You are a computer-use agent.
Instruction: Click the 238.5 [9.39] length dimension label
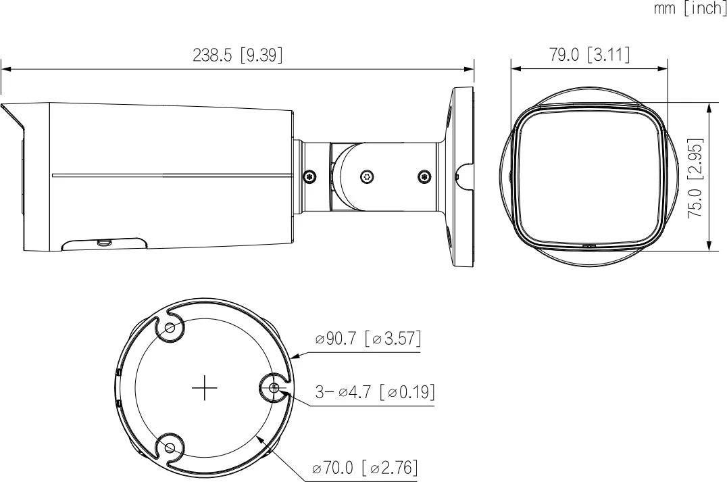[x=237, y=55]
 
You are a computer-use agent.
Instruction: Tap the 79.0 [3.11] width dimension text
[x=590, y=55]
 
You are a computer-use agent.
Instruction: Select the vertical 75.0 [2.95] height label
[x=695, y=178]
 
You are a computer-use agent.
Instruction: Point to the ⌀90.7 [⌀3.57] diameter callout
[x=368, y=339]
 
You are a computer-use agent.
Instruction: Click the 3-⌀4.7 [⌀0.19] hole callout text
[x=375, y=392]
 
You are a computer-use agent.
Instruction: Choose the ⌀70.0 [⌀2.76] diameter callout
[x=366, y=467]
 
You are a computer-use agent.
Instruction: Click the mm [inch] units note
[x=690, y=8]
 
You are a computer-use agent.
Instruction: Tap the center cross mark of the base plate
[x=205, y=388]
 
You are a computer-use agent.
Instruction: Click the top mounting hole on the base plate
[x=170, y=328]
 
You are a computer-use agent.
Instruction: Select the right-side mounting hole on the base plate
[x=274, y=388]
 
